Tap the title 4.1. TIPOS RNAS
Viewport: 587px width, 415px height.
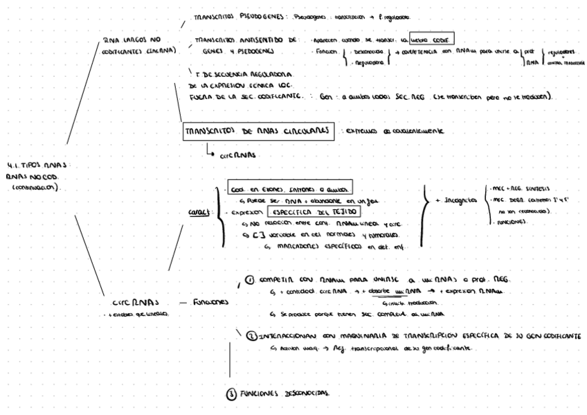coord(43,165)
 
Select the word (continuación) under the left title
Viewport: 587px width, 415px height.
coord(39,186)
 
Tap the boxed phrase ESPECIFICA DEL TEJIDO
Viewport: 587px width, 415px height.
coord(307,214)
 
